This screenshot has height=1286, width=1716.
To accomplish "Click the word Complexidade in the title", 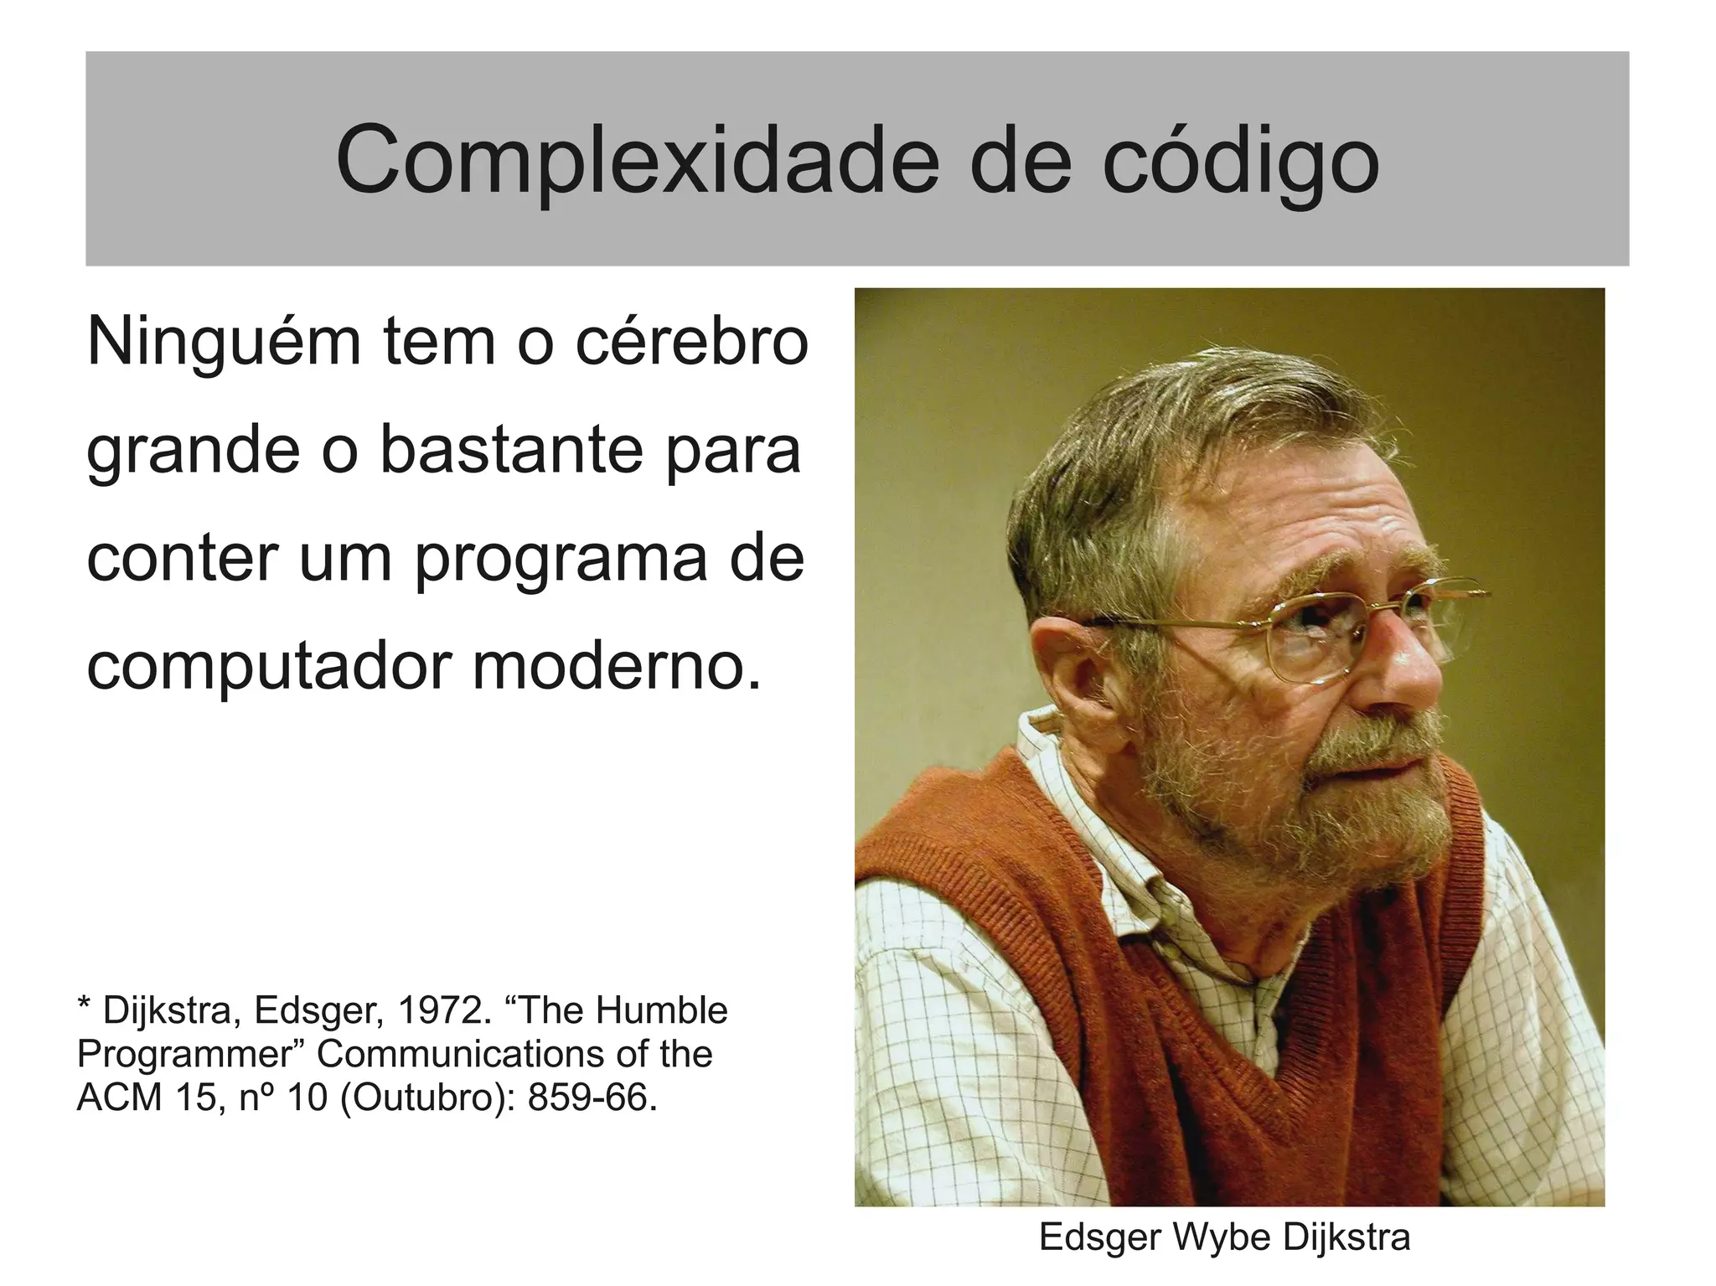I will click(638, 159).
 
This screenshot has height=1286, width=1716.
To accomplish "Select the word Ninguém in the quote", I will click(224, 342).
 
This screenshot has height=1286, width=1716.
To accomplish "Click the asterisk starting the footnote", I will click(84, 1005).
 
